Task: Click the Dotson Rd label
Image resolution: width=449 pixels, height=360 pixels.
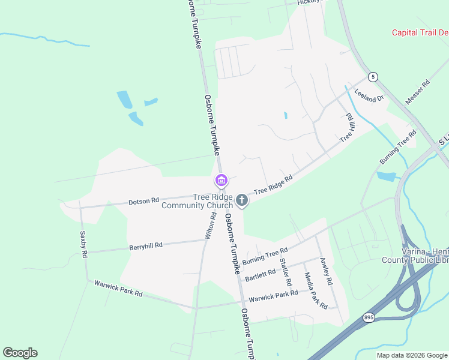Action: click(x=143, y=202)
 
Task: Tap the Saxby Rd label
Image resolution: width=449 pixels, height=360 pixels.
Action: click(x=83, y=245)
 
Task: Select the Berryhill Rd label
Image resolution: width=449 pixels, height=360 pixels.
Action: click(x=146, y=245)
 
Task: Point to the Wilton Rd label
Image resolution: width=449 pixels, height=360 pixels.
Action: click(x=209, y=226)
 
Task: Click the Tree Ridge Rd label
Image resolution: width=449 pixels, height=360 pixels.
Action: click(x=273, y=185)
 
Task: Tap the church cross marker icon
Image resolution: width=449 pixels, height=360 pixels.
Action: click(x=242, y=200)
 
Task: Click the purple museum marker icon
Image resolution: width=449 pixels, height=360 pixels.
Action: click(x=220, y=180)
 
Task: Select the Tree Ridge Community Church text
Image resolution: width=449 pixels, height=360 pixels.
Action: click(x=196, y=201)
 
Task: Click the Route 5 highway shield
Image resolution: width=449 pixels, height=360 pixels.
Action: click(x=373, y=77)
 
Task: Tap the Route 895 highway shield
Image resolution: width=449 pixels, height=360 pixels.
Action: click(x=369, y=317)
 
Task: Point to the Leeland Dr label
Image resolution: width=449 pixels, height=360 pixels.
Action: click(x=369, y=95)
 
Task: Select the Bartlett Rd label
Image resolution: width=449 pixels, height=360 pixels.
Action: click(x=260, y=273)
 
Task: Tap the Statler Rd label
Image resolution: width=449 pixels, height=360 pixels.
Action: click(x=286, y=272)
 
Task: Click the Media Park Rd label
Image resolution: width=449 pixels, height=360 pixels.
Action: click(x=316, y=290)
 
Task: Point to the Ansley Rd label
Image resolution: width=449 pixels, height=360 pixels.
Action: click(x=326, y=271)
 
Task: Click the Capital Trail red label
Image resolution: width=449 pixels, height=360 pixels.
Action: click(x=420, y=33)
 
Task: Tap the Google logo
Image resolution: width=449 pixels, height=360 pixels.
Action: click(x=20, y=353)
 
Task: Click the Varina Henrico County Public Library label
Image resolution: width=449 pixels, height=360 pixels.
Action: click(x=415, y=256)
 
